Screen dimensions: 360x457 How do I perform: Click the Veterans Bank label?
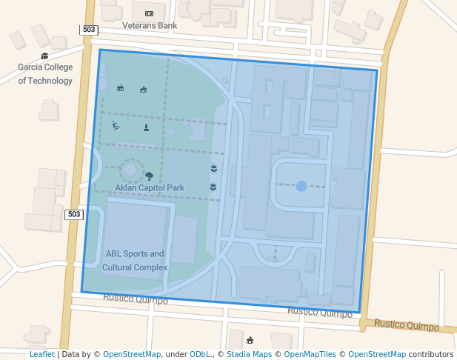150,25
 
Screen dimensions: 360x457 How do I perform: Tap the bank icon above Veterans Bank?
150,13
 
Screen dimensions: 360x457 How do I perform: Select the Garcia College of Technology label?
45,73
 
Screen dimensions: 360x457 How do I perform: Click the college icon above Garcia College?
45,56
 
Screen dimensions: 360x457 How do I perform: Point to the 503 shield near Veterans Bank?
89,30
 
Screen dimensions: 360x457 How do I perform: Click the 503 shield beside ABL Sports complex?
73,214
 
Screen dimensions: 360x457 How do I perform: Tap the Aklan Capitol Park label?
150,188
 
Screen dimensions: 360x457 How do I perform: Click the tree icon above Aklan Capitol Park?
150,176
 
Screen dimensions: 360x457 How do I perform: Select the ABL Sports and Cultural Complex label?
135,260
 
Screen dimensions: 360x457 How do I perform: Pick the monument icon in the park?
146,127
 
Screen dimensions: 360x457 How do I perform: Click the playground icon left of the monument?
116,126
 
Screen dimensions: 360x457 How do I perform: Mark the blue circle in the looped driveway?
301,186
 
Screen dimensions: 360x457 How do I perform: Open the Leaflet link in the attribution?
41,355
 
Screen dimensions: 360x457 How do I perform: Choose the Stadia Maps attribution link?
250,355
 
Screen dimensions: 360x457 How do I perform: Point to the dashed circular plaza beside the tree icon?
130,170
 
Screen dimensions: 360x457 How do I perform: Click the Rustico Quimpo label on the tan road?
406,324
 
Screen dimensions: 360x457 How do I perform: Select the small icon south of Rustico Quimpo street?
250,340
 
